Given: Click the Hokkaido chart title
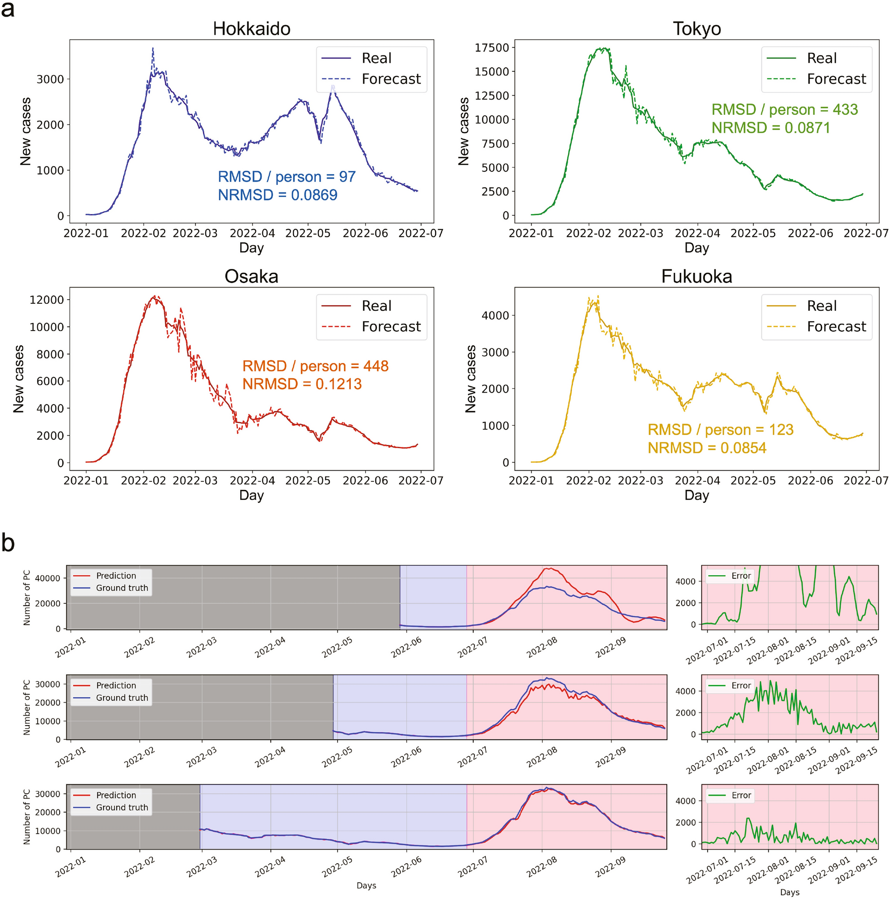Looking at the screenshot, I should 251,29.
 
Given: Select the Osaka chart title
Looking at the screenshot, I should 251,276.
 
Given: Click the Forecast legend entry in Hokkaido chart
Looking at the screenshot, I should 391,79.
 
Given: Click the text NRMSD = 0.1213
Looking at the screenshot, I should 302,384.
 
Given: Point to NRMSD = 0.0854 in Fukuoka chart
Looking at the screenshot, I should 706,448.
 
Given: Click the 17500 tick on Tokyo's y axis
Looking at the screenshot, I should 491,48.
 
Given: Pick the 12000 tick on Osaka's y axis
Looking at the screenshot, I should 47,300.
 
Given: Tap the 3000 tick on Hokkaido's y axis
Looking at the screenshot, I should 50,79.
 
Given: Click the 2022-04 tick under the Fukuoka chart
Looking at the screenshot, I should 697,480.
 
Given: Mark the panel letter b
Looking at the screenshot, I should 8,543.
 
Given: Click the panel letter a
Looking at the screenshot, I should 8,9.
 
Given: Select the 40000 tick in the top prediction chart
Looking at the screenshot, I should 48,578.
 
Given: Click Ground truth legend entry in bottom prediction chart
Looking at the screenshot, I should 122,807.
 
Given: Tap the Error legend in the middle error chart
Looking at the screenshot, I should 740,685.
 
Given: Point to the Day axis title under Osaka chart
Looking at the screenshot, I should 251,495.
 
